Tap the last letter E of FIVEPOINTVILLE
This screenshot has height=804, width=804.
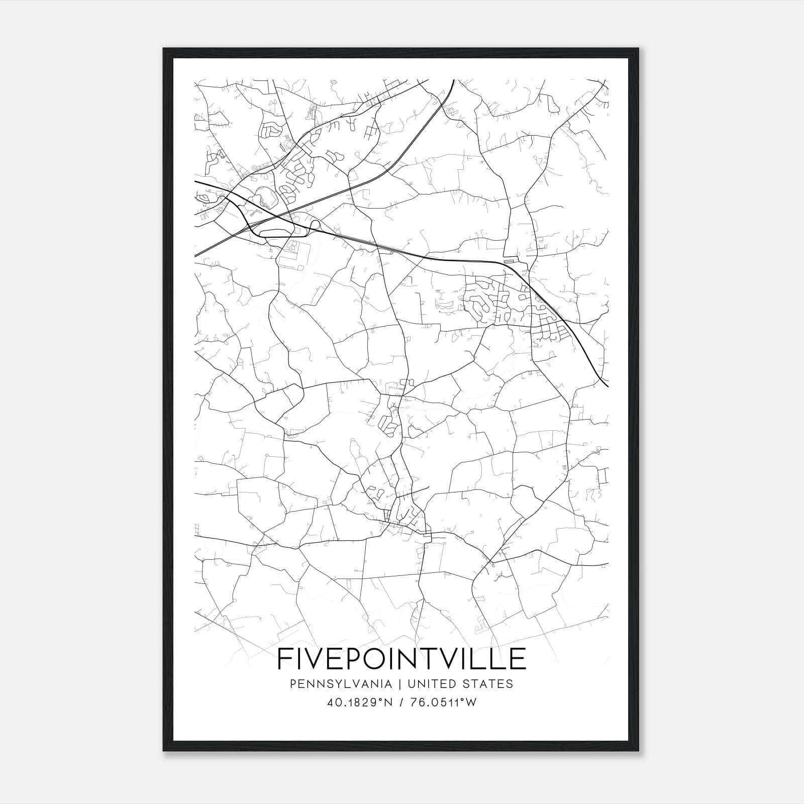[518, 658]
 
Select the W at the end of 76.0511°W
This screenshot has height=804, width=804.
[471, 702]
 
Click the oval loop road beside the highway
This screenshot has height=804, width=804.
[275, 233]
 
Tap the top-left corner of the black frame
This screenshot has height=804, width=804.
[164, 49]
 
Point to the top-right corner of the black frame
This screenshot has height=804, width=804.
[640, 49]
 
